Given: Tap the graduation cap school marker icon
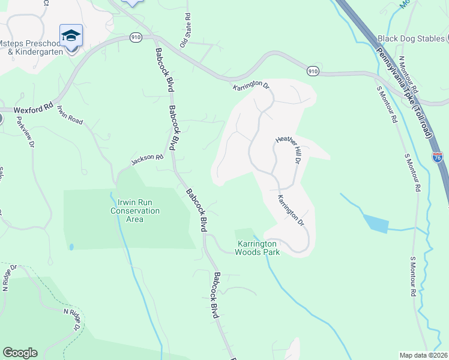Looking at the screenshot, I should tap(71, 35).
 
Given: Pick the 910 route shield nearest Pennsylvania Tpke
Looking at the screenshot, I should tap(313, 71).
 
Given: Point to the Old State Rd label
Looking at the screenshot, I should tap(185, 31).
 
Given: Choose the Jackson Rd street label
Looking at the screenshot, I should tap(148, 160).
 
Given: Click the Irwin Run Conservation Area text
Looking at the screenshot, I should tap(134, 211).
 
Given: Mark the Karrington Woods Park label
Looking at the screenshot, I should tap(258, 248).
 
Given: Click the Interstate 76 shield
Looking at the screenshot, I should tap(438, 157).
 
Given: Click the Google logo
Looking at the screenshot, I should tap(20, 353).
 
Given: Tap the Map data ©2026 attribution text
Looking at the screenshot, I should tap(423, 355).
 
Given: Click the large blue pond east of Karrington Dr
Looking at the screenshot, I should tap(375, 224).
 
